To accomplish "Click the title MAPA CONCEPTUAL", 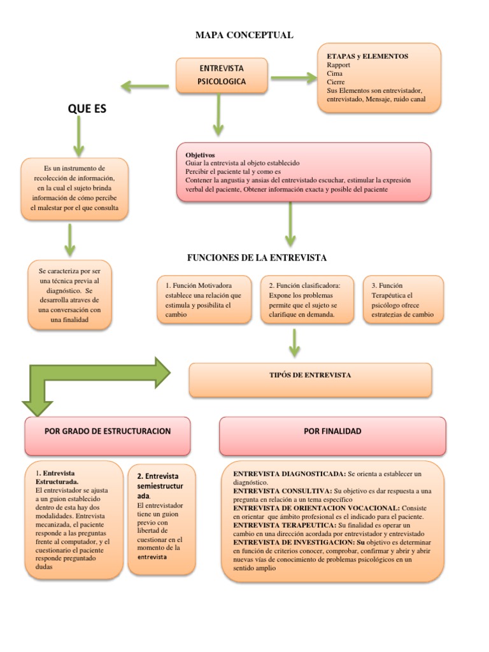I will tap(244, 35).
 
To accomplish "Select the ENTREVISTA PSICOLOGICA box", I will tap(221, 74).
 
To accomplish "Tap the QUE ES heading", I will tap(87, 109).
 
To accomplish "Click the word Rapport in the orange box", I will tap(339, 65).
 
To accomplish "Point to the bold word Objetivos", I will tap(200, 155).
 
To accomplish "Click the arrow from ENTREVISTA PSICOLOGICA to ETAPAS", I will tap(294, 78).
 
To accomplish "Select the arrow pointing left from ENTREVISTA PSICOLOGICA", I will tap(145, 85).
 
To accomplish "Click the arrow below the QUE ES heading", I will tap(80, 136).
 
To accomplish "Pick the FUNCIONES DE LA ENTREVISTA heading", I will tap(257, 258).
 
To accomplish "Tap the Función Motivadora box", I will tap(204, 300).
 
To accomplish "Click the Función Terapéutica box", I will tap(403, 300).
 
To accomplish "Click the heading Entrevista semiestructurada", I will tap(159, 486).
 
